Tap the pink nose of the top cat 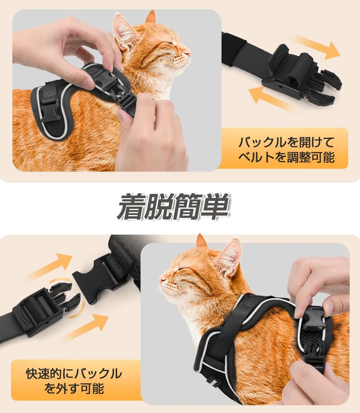click(187, 54)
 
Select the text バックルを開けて click(286, 142)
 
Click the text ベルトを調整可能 click(286, 157)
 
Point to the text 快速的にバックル click(74, 373)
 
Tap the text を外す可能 click(74, 388)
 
